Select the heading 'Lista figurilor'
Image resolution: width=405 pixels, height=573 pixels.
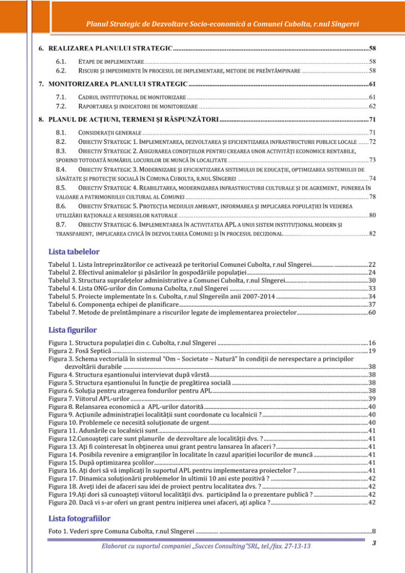pos(73,330)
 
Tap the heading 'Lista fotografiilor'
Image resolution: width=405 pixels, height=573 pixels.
pos(79,518)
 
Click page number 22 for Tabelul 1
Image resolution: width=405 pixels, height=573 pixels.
pos(371,264)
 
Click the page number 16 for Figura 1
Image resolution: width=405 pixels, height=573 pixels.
pos(371,342)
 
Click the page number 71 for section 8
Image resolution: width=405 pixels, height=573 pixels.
pos(371,119)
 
